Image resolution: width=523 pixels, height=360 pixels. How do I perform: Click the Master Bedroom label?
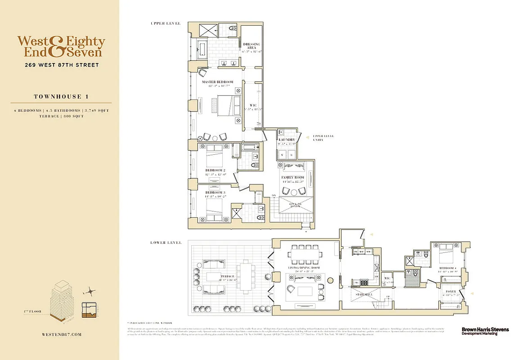pos(218,82)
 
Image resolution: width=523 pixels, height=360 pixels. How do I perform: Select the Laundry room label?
pos(287,140)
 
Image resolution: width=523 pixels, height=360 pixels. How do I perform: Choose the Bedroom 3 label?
pos(214,193)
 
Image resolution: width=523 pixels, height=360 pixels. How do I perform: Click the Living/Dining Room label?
pos(304,268)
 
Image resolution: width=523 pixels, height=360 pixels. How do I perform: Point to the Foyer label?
pos(451,292)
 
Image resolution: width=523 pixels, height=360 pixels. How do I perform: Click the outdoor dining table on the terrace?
pos(246,275)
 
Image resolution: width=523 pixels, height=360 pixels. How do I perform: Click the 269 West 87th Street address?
pos(62,65)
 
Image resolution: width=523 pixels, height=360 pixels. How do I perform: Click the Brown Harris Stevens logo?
pos(485,331)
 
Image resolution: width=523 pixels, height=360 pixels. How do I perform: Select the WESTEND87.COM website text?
pos(61,334)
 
